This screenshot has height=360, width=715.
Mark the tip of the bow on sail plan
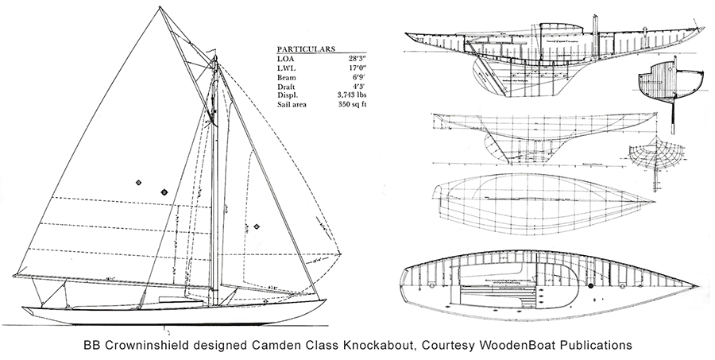326,299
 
